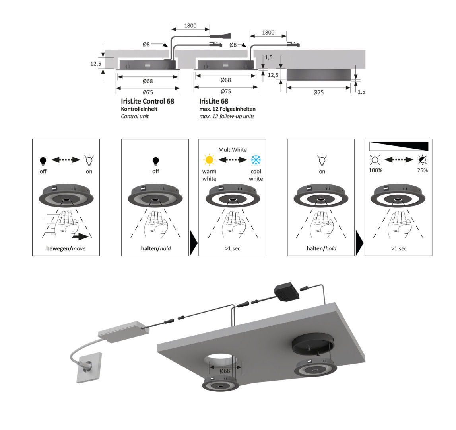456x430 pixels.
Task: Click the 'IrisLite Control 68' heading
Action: tap(147, 101)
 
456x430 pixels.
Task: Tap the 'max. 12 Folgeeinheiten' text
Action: tap(227, 109)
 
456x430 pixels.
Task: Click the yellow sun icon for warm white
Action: tap(209, 160)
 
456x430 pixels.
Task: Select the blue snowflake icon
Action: tap(256, 160)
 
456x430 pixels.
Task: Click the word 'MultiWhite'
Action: tap(232, 149)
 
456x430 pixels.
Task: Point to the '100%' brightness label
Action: tap(375, 170)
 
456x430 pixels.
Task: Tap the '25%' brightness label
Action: tap(422, 170)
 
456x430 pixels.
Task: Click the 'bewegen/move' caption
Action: tap(66, 248)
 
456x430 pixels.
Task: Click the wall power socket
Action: tap(89, 367)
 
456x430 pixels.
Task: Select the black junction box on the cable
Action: tap(287, 291)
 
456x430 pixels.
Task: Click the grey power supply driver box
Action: tap(124, 332)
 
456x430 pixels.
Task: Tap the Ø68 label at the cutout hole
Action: tap(225, 371)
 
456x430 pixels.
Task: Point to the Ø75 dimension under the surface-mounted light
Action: tap(318, 92)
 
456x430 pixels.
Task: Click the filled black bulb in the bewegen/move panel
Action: tap(43, 161)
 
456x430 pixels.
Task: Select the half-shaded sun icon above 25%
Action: tap(422, 160)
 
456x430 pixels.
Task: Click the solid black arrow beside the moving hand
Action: tap(81, 236)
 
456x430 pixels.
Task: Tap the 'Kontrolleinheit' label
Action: tap(139, 109)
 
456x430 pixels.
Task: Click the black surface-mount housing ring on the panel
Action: tap(313, 344)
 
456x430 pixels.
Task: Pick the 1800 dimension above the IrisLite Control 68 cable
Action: tap(190, 25)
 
